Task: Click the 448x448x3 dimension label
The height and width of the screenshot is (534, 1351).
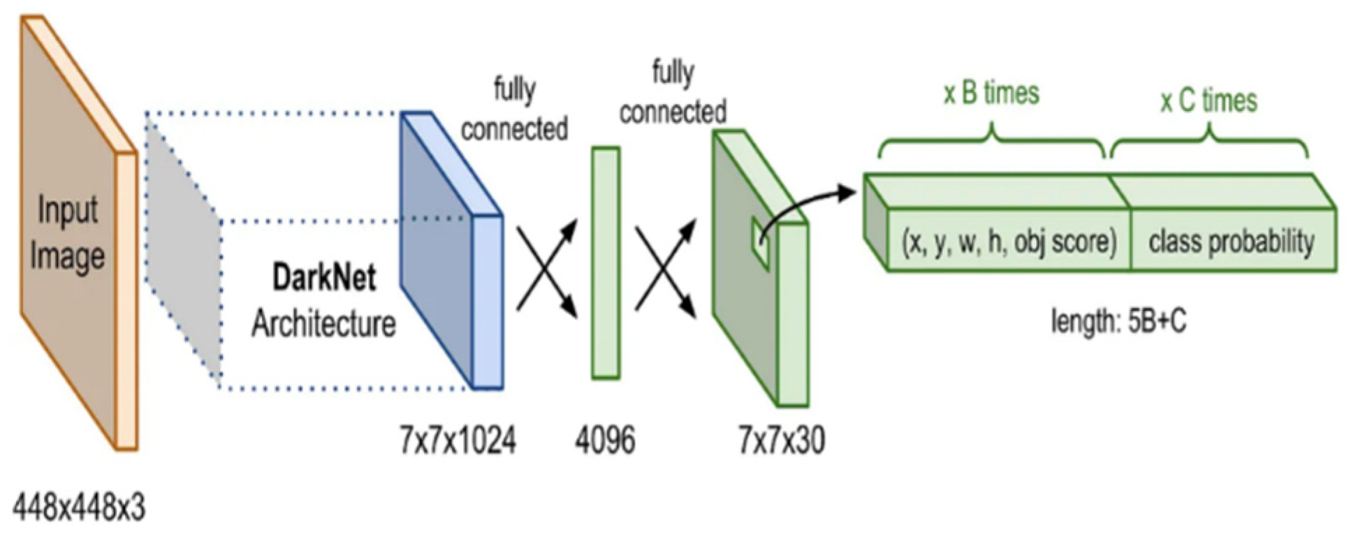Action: coord(79,507)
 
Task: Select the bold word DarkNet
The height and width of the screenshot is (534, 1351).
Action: coord(323,278)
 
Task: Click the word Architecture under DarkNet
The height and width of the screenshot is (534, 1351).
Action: coord(323,324)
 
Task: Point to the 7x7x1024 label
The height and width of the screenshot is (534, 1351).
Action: coord(458,440)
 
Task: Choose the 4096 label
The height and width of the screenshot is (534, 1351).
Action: coord(605,440)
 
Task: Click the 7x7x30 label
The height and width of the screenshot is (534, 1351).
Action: coord(782,440)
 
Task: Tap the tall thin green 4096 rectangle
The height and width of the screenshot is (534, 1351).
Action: coord(606,263)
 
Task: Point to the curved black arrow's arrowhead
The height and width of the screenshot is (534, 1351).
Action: coord(847,192)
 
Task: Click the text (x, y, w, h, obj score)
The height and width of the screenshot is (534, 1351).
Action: coord(1009,242)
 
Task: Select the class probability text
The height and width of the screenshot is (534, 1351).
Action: coord(1232,242)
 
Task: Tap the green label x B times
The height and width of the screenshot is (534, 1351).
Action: coord(991,94)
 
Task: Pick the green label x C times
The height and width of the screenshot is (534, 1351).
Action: coord(1208,101)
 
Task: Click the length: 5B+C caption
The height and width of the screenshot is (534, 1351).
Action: coord(1118,322)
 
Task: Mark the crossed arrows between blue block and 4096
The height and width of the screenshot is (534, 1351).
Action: coord(547,267)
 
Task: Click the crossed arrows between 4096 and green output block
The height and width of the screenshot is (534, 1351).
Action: coord(666,267)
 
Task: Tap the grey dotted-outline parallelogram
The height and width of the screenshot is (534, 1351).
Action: coord(183,244)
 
